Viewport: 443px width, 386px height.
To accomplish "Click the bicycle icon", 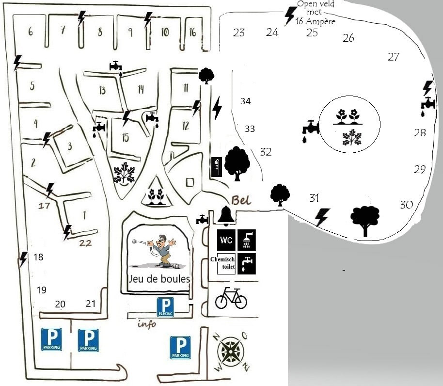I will click(x=231, y=298).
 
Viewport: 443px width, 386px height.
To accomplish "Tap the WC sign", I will click(x=226, y=240).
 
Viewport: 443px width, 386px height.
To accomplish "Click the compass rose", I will click(x=231, y=351).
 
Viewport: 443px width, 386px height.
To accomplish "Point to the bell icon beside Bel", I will click(x=226, y=215).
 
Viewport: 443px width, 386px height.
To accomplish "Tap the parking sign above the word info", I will click(x=165, y=307).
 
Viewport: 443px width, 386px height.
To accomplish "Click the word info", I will click(x=147, y=324).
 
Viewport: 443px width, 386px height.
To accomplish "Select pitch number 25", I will click(x=312, y=33).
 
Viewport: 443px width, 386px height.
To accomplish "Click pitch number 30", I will click(x=406, y=205).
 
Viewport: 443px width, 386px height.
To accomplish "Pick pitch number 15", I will click(x=126, y=138).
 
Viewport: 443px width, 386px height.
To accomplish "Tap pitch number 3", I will click(x=70, y=146).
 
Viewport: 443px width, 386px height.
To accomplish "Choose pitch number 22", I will click(x=85, y=243).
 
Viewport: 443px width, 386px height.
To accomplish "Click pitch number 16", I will click(x=192, y=32).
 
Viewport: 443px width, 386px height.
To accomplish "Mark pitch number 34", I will click(x=245, y=101).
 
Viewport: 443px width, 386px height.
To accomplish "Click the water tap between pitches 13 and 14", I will click(x=116, y=66).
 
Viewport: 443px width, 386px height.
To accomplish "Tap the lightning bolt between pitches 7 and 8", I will click(x=81, y=18).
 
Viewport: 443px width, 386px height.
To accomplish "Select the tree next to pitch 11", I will click(x=206, y=75).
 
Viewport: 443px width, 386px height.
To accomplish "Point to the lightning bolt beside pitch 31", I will click(x=322, y=217).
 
